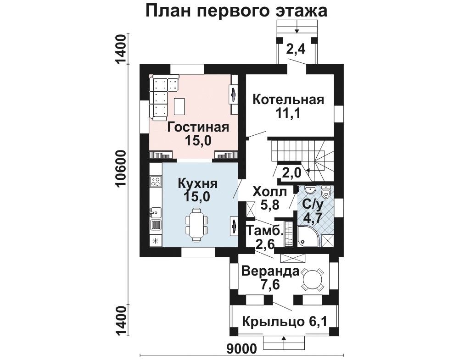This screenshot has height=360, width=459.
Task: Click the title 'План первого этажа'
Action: coord(236,11)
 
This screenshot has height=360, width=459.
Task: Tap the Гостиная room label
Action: coord(198,128)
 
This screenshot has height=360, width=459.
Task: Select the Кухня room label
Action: coord(198,184)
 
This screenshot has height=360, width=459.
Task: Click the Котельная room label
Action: coord(288,100)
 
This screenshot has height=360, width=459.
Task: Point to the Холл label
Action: coord(270,193)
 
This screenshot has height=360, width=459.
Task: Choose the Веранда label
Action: coord(270,271)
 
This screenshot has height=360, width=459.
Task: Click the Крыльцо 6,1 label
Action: coord(284,322)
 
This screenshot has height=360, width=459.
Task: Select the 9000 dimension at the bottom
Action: coord(242,348)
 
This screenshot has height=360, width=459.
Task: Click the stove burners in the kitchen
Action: coord(156,181)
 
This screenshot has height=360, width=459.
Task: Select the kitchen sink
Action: coord(155,211)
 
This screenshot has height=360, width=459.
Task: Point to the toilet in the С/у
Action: coord(326,192)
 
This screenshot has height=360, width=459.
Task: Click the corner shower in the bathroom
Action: coord(306,236)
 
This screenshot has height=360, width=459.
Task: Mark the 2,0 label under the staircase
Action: coord(291,173)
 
